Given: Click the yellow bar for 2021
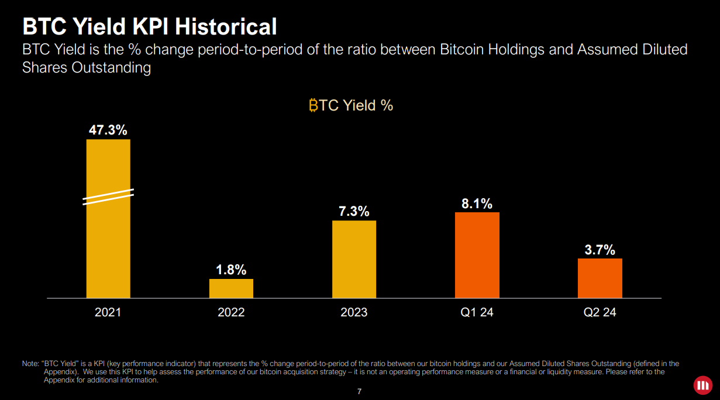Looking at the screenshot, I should pyautogui.click(x=108, y=246).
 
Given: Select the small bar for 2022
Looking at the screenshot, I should pyautogui.click(x=231, y=288).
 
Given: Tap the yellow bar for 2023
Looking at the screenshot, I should pyautogui.click(x=354, y=259).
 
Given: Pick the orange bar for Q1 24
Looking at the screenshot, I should pyautogui.click(x=477, y=255).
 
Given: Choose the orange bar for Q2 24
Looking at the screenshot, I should pyautogui.click(x=600, y=278).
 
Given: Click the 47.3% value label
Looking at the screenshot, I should pyautogui.click(x=108, y=130).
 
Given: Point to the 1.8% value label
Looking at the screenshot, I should pyautogui.click(x=231, y=270).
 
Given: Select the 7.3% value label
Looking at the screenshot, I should pyautogui.click(x=354, y=211).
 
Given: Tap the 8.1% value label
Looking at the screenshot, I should pyautogui.click(x=477, y=204).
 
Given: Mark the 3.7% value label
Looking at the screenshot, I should pyautogui.click(x=600, y=250).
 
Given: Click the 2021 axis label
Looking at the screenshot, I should pyautogui.click(x=108, y=312).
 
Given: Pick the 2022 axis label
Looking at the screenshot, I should pyautogui.click(x=231, y=312).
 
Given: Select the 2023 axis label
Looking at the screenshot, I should pyautogui.click(x=354, y=312).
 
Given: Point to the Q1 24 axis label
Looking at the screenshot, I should pyautogui.click(x=477, y=312).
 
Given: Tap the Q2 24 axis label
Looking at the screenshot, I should pyautogui.click(x=600, y=312).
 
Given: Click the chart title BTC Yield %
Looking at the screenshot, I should pyautogui.click(x=351, y=105).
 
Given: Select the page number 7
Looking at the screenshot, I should pyautogui.click(x=360, y=391).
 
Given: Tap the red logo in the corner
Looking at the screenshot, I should pyautogui.click(x=701, y=385).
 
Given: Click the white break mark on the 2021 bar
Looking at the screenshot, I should pyautogui.click(x=108, y=196).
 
